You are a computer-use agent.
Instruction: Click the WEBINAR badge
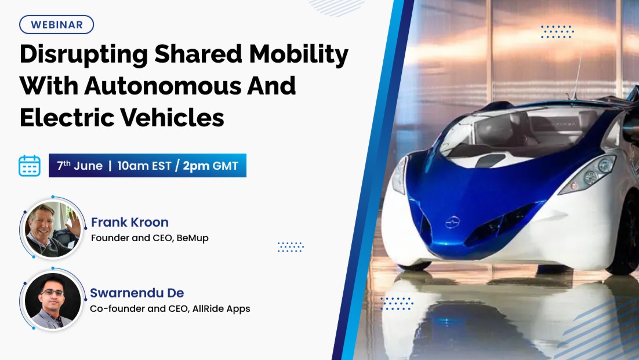coord(57,24)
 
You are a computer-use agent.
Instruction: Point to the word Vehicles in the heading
coord(172,118)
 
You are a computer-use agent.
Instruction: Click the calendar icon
coord(30,166)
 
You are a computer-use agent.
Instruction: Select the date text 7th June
coord(80,165)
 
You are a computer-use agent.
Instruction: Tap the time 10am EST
coord(144,166)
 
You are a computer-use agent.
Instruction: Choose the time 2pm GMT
coord(210,166)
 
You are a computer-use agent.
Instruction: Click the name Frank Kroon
coord(129,222)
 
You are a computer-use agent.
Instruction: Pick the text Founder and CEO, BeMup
coord(150,238)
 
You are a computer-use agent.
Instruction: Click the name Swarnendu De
coord(137,293)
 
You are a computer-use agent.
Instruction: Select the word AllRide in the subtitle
coord(208,308)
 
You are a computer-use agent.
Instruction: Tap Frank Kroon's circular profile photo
coord(53,229)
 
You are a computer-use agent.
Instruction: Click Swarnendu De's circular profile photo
coord(53,300)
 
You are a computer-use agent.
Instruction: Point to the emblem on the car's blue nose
coord(452,223)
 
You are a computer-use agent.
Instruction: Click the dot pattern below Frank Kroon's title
coord(291,247)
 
